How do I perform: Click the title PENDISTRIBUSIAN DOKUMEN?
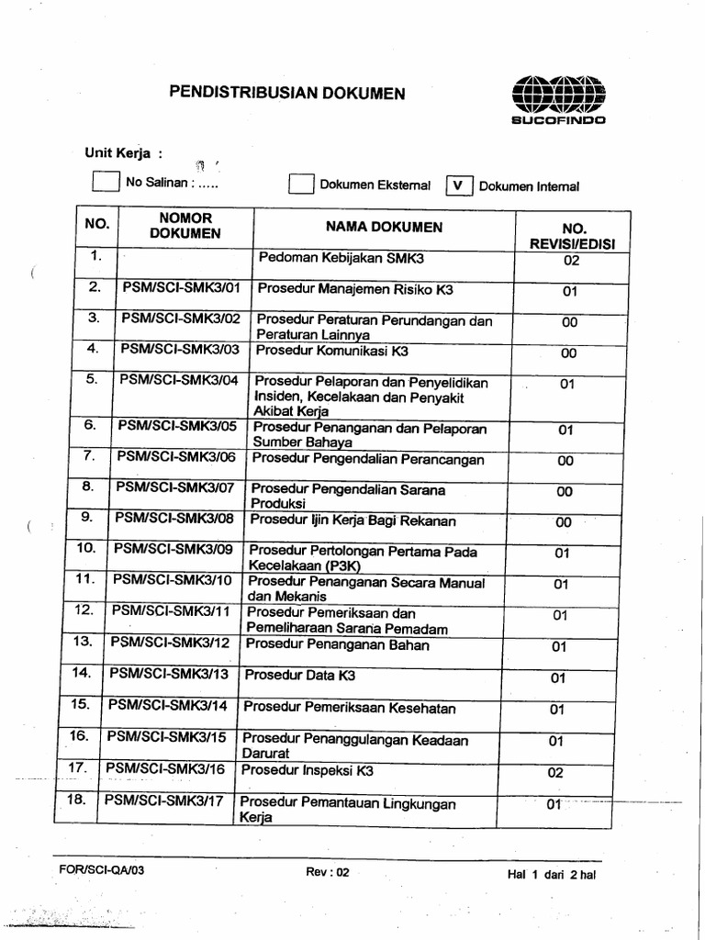pos(285,94)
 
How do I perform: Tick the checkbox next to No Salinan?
pos(106,182)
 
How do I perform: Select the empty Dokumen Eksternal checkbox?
pos(301,185)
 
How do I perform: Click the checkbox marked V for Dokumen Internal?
pos(459,185)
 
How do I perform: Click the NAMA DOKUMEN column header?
pos(384,227)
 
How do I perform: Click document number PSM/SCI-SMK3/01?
pos(181,288)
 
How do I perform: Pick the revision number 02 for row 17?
pos(554,773)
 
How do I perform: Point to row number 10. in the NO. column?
pos(86,548)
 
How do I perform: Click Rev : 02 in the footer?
pos(328,873)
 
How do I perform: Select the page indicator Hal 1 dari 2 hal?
pos(552,874)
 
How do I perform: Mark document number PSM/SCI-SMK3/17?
pos(164,800)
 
